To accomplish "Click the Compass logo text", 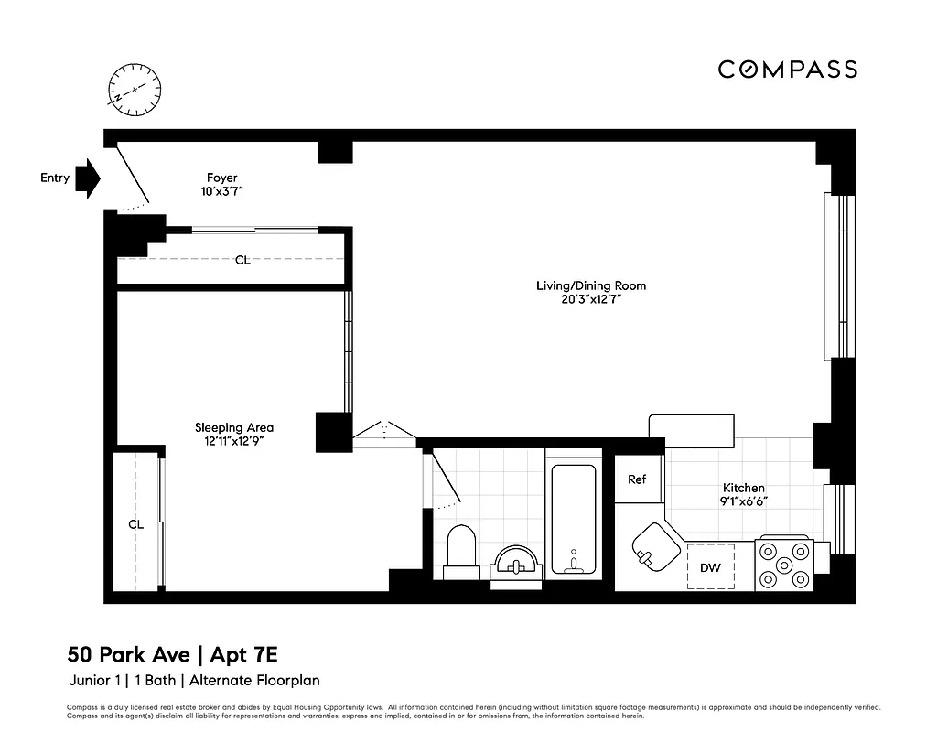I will [787, 70].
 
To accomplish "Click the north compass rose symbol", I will [135, 89].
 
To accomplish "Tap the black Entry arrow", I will [88, 178].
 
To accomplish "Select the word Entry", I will [55, 178].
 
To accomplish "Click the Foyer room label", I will [221, 178].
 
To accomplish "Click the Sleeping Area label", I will [233, 427].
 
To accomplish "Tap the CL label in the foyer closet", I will [242, 260].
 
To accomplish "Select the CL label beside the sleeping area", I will [136, 524].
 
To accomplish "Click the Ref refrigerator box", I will [637, 479].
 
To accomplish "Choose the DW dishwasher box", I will [710, 567].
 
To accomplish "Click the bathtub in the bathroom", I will [573, 519].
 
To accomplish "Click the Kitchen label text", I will [743, 488].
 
